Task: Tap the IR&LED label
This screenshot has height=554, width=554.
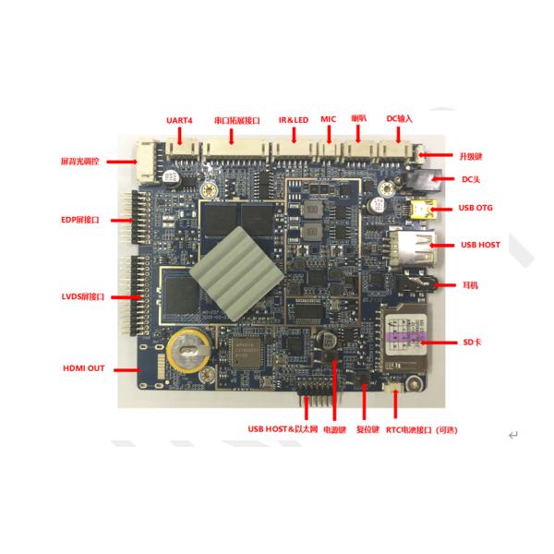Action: pyautogui.click(x=294, y=119)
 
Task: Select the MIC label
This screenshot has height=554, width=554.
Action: pyautogui.click(x=328, y=119)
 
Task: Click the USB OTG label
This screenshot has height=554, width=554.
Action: pyautogui.click(x=477, y=208)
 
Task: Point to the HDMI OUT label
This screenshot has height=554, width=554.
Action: pyautogui.click(x=83, y=367)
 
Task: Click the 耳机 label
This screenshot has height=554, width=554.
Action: pyautogui.click(x=468, y=286)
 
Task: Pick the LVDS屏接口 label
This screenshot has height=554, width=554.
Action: pyautogui.click(x=81, y=297)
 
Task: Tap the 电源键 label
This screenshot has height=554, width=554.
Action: pyautogui.click(x=333, y=429)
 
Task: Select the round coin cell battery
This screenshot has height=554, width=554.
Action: pyautogui.click(x=189, y=351)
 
